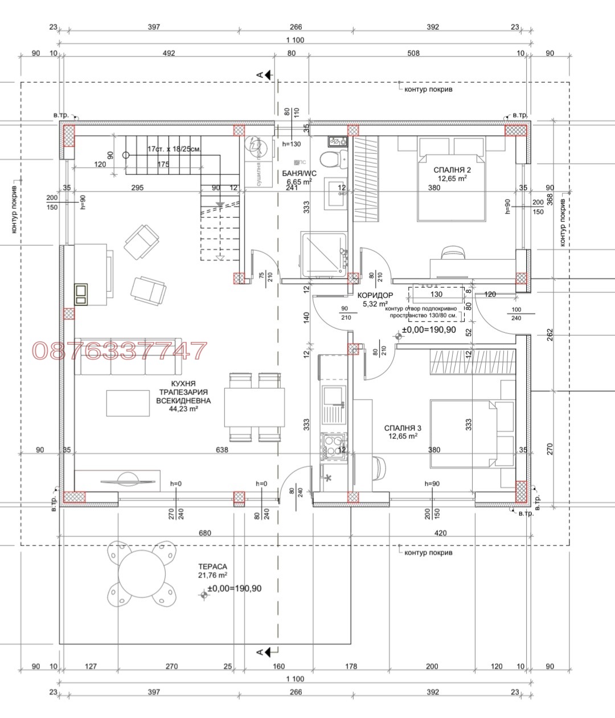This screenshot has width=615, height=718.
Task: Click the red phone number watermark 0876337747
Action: tap(120, 351)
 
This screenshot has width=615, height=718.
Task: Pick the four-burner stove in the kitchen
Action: tap(333, 446)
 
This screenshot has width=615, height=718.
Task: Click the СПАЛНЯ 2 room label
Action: tap(452, 169)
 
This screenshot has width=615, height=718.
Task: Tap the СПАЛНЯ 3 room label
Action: tap(403, 427)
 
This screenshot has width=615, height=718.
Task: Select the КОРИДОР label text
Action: tap(375, 295)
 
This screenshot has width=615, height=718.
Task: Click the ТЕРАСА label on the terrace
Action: tap(212, 566)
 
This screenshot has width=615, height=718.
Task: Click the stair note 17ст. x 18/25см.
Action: tap(174, 149)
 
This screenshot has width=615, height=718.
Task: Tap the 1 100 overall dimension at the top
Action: tap(295, 40)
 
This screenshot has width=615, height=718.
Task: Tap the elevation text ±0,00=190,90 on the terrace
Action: tap(235, 588)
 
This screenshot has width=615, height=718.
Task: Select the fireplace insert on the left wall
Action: tap(81, 293)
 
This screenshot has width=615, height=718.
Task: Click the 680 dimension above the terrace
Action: tap(204, 533)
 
